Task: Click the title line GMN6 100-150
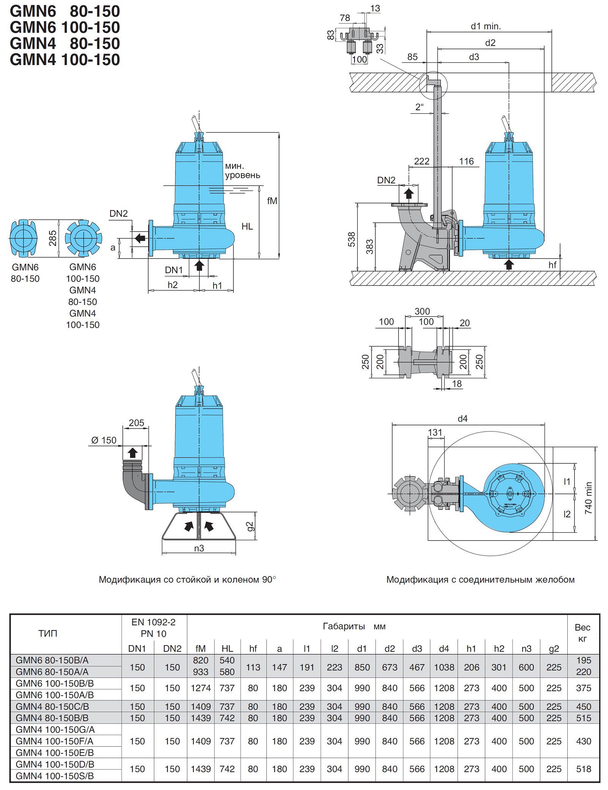[x=65, y=27]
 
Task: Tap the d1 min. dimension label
[x=486, y=26]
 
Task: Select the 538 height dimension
[x=351, y=239]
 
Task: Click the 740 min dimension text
[x=588, y=498]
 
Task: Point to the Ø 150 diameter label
[x=104, y=440]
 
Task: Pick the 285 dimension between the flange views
[x=53, y=238]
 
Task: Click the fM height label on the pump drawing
[x=272, y=201]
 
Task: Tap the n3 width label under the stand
[x=199, y=548]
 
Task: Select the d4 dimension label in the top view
[x=462, y=419]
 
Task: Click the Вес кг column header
[x=582, y=633]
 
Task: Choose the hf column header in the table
[x=253, y=649]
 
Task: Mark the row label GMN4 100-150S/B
[x=55, y=776]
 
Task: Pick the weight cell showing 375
[x=583, y=688]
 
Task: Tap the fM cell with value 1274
[x=201, y=688]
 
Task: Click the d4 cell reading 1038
[x=444, y=667]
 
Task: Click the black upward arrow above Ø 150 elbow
[x=133, y=452]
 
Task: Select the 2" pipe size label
[x=419, y=107]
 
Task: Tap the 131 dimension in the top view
[x=435, y=432]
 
